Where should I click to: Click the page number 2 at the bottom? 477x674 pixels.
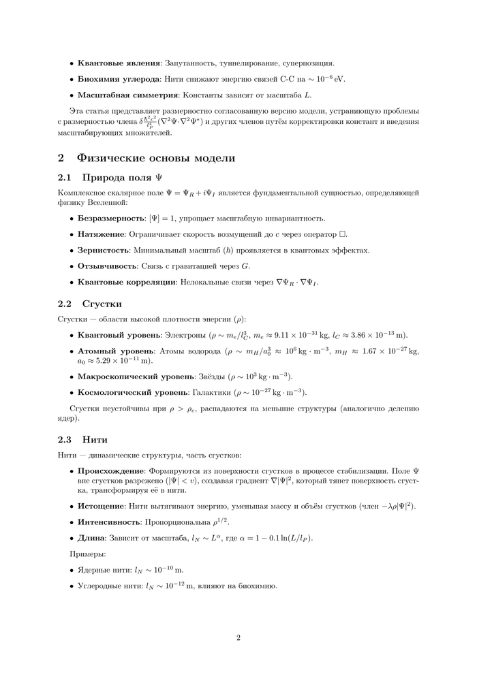coord(238,638)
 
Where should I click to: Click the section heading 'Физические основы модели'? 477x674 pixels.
coord(156,158)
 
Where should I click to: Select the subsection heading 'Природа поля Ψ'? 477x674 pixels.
coord(123,178)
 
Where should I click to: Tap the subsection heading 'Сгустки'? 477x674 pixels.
coord(102,303)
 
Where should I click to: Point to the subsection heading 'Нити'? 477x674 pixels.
coord(95,439)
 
